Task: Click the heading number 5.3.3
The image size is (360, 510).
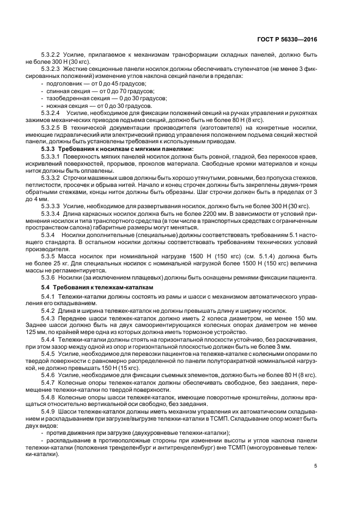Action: click(x=50, y=148)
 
